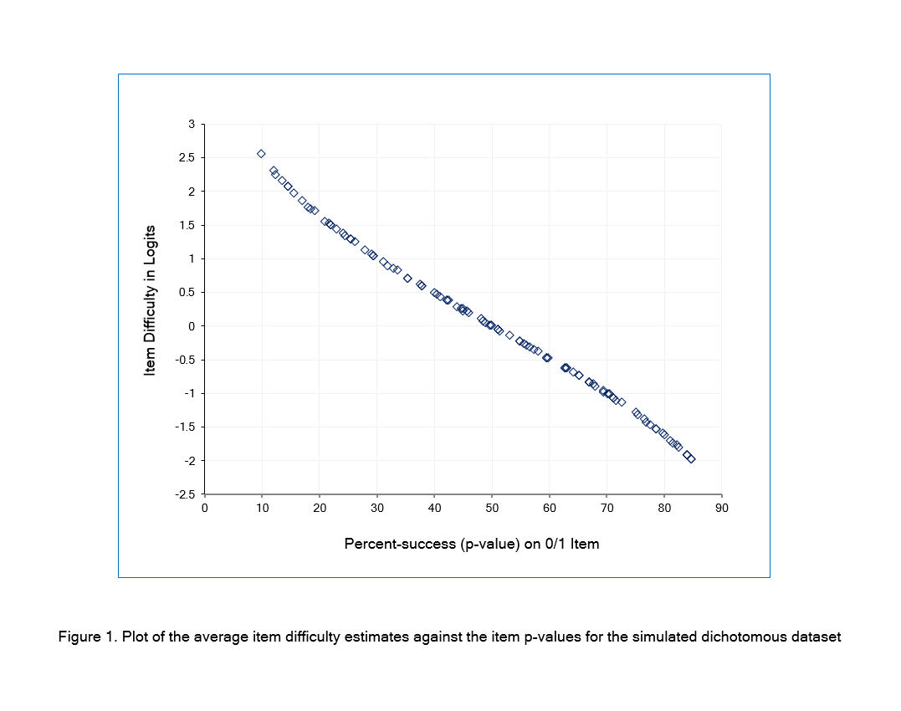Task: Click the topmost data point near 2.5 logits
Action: click(x=261, y=154)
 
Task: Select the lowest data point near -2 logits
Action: click(x=691, y=459)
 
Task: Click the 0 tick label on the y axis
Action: click(x=191, y=326)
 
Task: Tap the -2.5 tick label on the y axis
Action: click(x=185, y=494)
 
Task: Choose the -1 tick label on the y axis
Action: click(x=188, y=393)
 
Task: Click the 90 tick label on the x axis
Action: click(x=721, y=507)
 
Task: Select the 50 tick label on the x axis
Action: click(x=492, y=507)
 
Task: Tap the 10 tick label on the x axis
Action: click(x=263, y=507)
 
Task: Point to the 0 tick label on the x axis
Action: click(x=205, y=507)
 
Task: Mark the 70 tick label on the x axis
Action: click(x=607, y=507)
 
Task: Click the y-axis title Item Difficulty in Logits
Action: click(x=151, y=309)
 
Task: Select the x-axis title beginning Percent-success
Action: click(x=471, y=544)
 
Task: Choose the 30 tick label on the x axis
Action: click(x=377, y=507)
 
